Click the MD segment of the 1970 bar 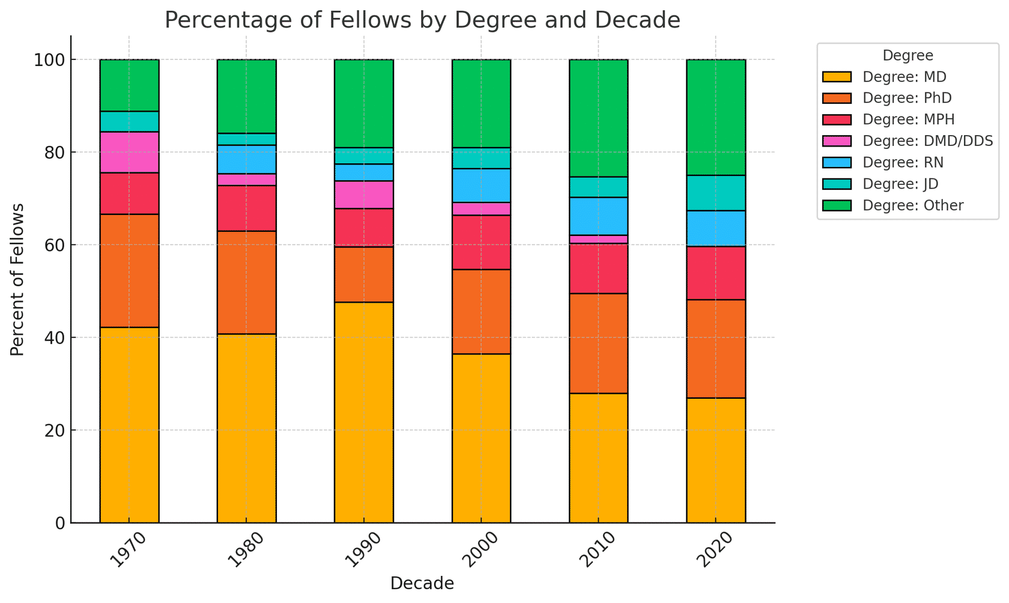[129, 425]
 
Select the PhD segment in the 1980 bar [247, 282]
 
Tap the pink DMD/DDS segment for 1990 [364, 195]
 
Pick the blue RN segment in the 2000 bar [481, 186]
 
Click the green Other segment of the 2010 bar [599, 118]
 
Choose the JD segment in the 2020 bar [716, 193]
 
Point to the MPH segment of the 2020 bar [716, 273]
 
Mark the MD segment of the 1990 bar [364, 412]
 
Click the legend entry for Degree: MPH [908, 120]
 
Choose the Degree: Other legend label [913, 206]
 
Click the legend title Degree [907, 56]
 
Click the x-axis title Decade [422, 584]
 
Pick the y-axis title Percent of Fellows [18, 279]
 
